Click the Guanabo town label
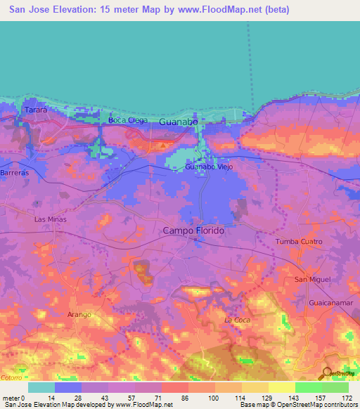pos(178,122)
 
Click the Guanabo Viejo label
pos(209,167)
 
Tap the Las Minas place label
pos(49,219)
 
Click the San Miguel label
pos(311,280)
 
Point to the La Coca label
pos(238,320)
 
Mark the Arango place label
pos(79,314)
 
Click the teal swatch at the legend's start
pos(41,387)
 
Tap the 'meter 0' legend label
pos(13,398)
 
